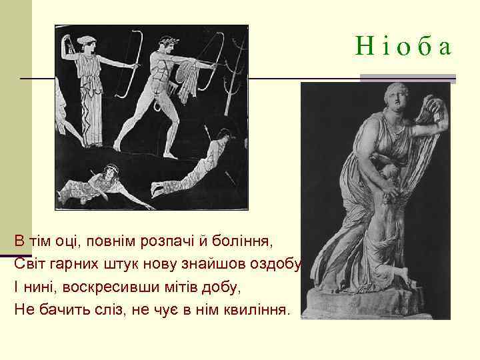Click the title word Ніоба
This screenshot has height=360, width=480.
403,47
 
